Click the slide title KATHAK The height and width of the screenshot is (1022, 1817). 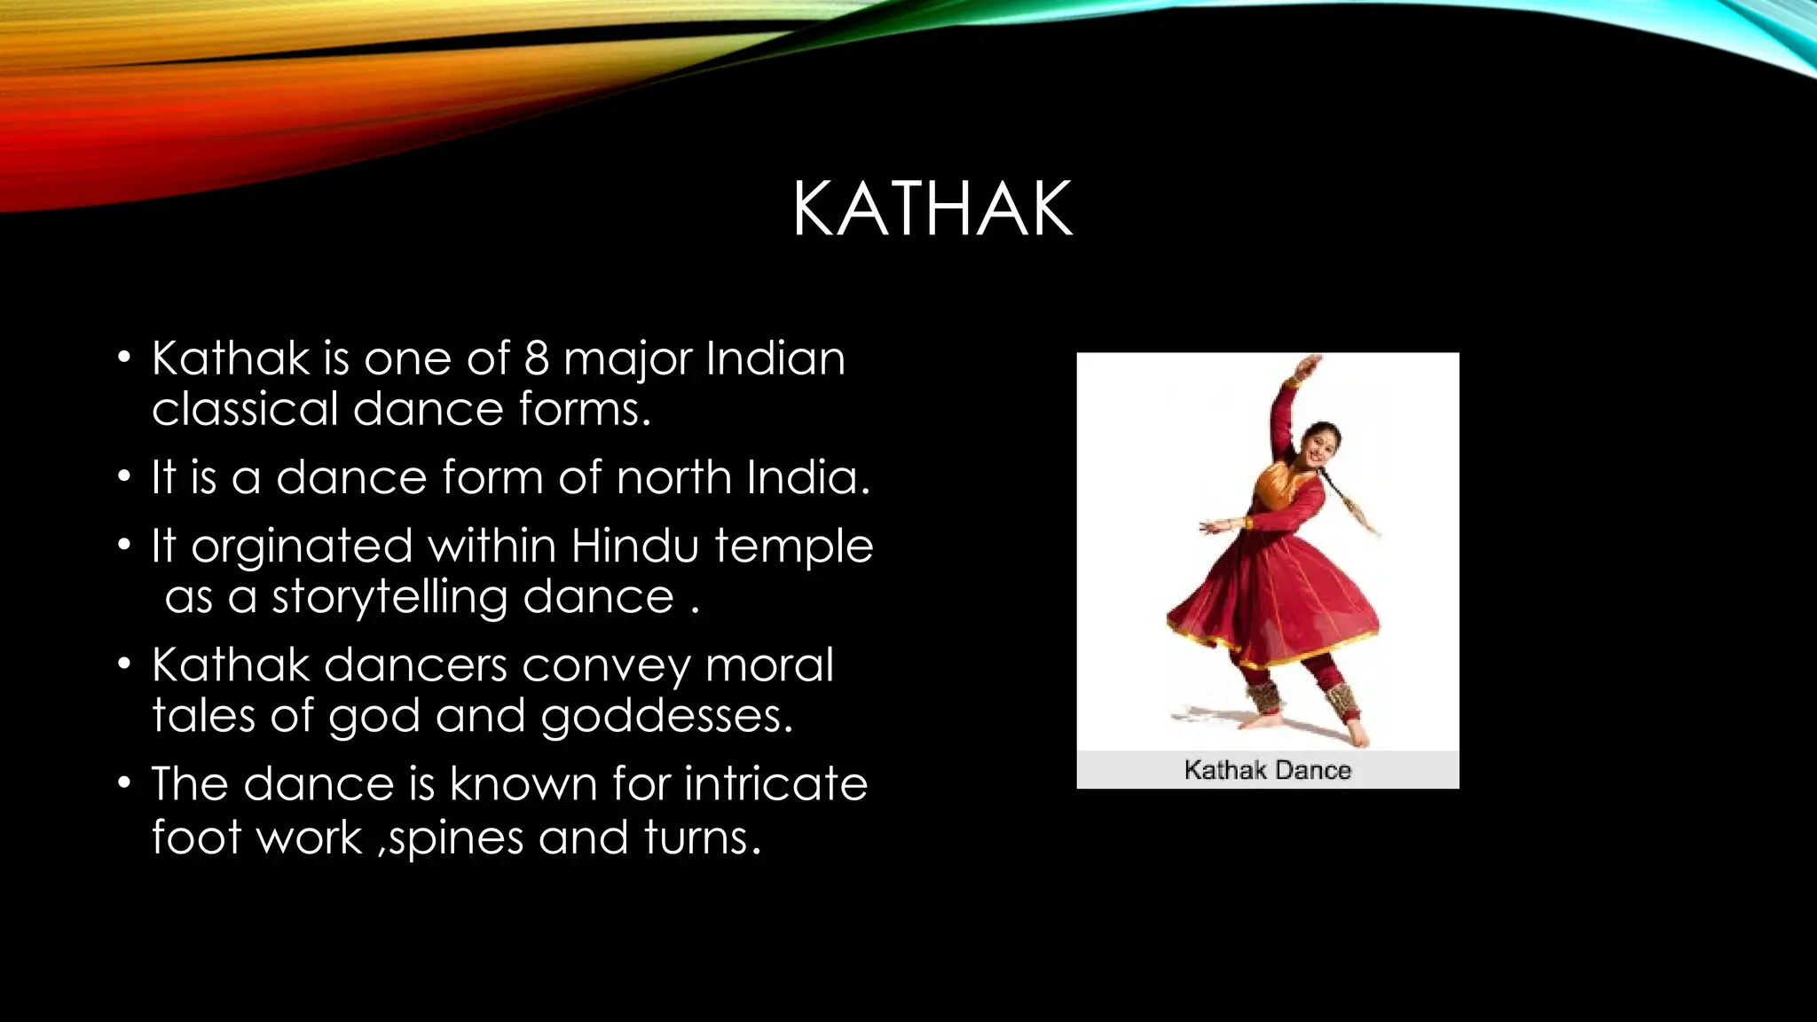(932, 209)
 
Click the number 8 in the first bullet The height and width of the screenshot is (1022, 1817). (537, 358)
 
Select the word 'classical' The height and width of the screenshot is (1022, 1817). (245, 409)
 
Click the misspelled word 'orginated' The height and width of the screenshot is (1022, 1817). (302, 546)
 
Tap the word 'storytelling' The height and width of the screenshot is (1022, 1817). (389, 597)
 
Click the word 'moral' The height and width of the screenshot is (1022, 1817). (769, 664)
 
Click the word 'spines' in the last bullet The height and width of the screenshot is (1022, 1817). (456, 838)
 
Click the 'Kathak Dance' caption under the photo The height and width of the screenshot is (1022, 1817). (1267, 770)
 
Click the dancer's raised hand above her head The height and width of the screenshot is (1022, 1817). (1309, 366)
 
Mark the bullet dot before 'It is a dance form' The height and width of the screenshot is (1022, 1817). (125, 477)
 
